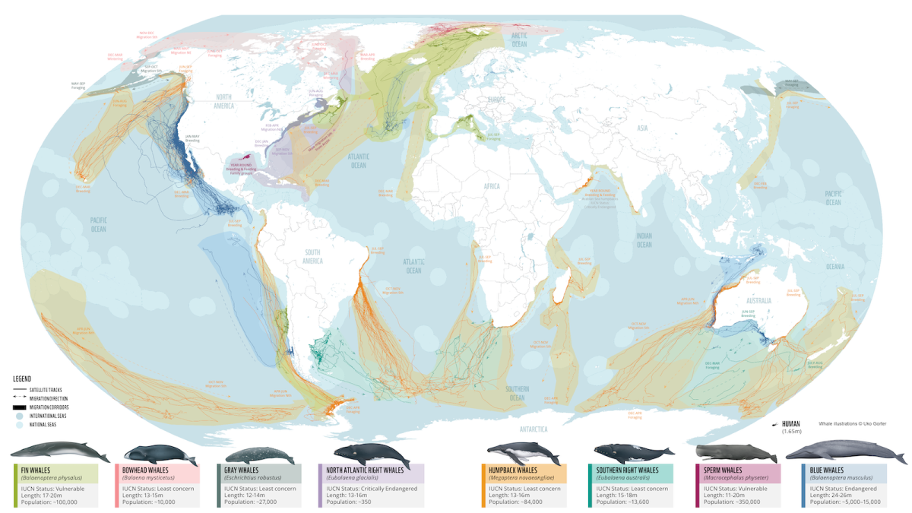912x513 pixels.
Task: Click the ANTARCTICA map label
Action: click(533, 429)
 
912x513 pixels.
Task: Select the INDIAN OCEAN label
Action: click(644, 240)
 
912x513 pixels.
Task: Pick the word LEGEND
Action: click(22, 378)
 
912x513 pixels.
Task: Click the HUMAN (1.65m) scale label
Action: click(791, 428)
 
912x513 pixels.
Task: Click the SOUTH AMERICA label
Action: click(313, 257)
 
